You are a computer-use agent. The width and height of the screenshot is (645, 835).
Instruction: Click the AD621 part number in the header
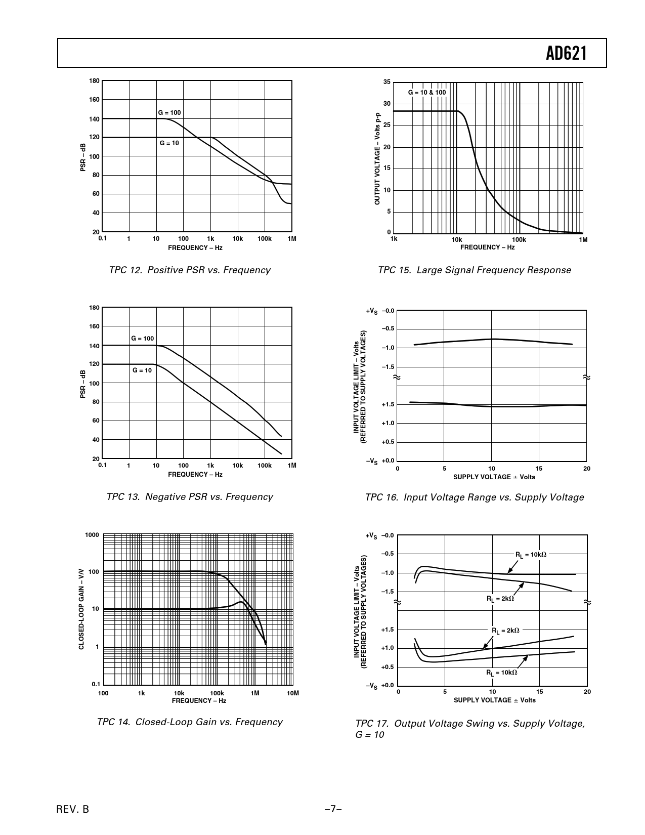566,53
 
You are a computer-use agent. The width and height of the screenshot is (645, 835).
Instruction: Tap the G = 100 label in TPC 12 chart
169,112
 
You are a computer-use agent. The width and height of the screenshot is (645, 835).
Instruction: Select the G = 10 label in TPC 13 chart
142,370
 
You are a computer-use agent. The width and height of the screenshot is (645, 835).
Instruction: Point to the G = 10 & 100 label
427,93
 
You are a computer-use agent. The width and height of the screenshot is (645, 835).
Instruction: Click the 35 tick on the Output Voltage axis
387,82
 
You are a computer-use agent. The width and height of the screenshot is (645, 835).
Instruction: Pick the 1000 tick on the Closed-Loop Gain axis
92,535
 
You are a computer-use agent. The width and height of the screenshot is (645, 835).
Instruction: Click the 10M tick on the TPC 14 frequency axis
293,693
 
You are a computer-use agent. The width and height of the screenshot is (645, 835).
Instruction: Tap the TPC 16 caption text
474,497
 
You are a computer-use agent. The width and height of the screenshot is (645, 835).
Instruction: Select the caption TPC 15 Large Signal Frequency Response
474,270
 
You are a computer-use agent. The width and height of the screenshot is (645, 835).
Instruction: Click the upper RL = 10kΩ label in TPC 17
531,555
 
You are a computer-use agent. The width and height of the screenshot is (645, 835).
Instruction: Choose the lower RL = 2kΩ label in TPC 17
505,631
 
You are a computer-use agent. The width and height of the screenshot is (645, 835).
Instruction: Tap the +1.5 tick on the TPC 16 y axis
388,404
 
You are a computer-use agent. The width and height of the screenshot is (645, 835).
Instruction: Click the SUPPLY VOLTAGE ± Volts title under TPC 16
494,477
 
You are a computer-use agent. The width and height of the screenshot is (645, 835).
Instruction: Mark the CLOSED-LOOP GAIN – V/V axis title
81,610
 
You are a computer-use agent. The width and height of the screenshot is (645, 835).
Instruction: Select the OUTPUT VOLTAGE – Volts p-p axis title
377,158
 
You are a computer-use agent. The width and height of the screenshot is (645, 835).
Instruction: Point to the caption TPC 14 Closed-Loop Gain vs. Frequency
189,722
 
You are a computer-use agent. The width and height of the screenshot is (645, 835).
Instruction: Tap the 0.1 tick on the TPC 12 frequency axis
102,238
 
